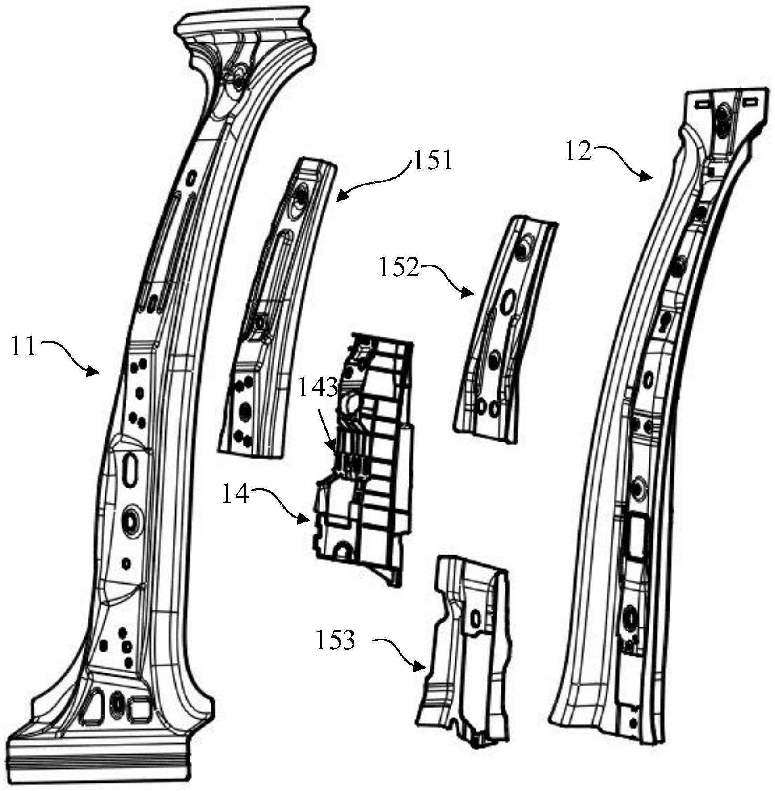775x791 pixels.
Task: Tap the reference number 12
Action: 578,151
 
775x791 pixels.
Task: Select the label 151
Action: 433,160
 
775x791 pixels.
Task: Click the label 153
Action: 335,640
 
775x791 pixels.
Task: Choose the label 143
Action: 317,387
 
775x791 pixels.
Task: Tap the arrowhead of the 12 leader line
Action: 649,178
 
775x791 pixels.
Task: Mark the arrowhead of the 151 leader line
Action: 338,197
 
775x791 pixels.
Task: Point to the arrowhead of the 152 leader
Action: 471,294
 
